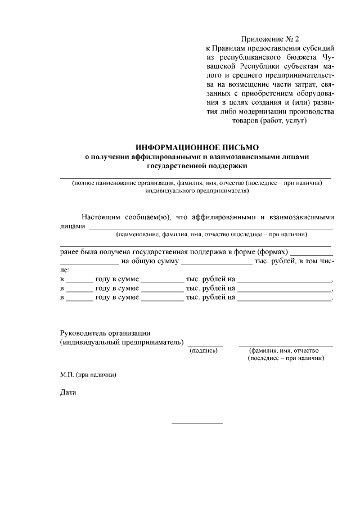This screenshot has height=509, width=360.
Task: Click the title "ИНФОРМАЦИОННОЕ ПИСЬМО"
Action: click(x=196, y=147)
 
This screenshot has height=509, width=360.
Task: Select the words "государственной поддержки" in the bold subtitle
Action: click(x=196, y=166)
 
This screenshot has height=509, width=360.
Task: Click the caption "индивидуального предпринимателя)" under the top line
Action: click(x=196, y=191)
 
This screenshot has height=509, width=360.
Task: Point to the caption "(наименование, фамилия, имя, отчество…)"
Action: click(x=211, y=234)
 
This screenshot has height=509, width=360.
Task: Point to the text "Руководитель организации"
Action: click(x=105, y=332)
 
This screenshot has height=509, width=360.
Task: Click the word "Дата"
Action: click(x=68, y=392)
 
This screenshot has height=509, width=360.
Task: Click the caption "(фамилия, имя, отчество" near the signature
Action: click(x=285, y=350)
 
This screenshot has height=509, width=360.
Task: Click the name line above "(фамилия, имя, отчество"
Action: click(x=286, y=344)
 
